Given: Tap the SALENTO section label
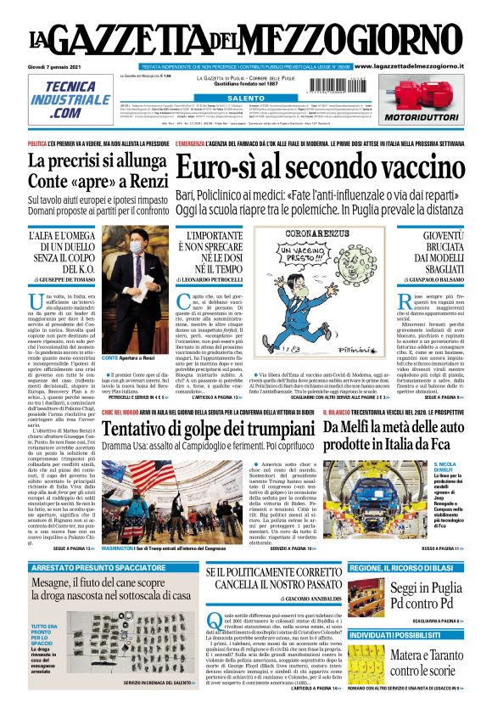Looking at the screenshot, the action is pos(245,98).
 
